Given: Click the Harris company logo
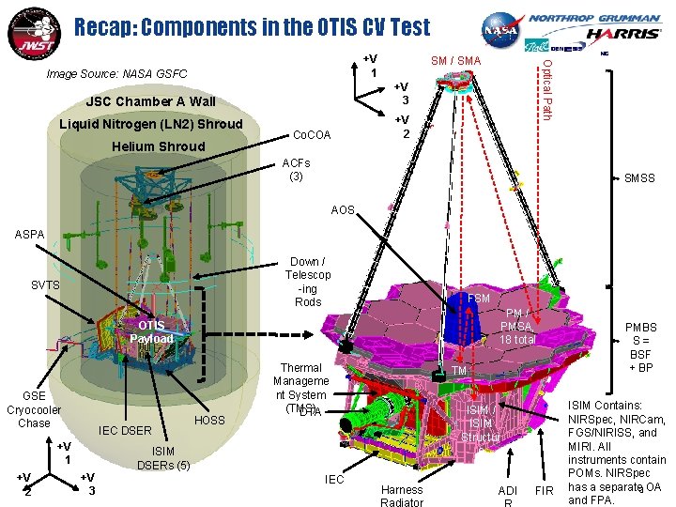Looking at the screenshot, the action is pyautogui.click(x=624, y=34).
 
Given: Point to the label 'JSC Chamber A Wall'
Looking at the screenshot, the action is pyautogui.click(x=150, y=101).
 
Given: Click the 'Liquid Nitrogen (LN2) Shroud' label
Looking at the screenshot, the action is pyautogui.click(x=150, y=124).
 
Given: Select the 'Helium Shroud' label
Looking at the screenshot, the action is pyautogui.click(x=158, y=146).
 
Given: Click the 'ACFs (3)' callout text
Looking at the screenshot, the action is pyautogui.click(x=296, y=170).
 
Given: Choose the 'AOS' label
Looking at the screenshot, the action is pyautogui.click(x=343, y=210).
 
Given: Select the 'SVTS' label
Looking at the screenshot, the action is pyautogui.click(x=46, y=284).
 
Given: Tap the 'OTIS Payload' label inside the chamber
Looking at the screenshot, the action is pyautogui.click(x=151, y=331).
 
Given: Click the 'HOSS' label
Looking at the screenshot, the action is pyautogui.click(x=210, y=420).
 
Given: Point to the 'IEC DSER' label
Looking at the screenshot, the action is pyautogui.click(x=125, y=431).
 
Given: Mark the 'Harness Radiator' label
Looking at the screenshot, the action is pyautogui.click(x=402, y=495).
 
